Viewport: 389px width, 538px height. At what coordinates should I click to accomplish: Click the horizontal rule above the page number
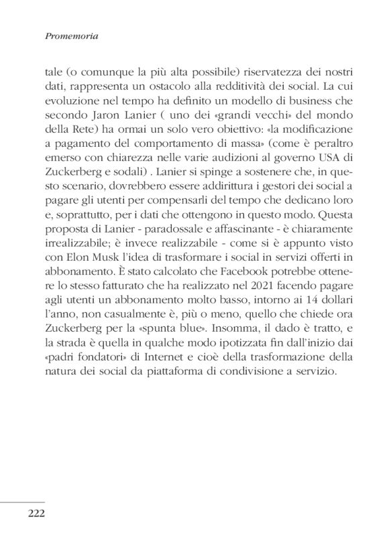click(22, 501)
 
